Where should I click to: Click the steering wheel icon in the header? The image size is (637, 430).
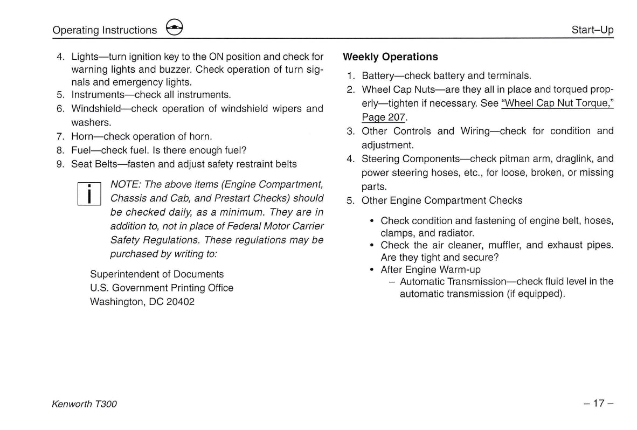(x=175, y=28)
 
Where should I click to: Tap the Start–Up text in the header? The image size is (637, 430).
(x=592, y=30)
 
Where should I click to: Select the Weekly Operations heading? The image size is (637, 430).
(x=390, y=57)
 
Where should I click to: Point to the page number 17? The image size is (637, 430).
(x=598, y=403)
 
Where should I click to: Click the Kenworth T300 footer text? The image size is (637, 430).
(x=84, y=404)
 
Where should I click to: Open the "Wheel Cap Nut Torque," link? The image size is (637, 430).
(x=557, y=103)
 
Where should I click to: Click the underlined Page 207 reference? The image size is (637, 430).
(x=383, y=117)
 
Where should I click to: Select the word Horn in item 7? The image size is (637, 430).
(x=81, y=136)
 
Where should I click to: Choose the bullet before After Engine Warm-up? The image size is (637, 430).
(x=372, y=269)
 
